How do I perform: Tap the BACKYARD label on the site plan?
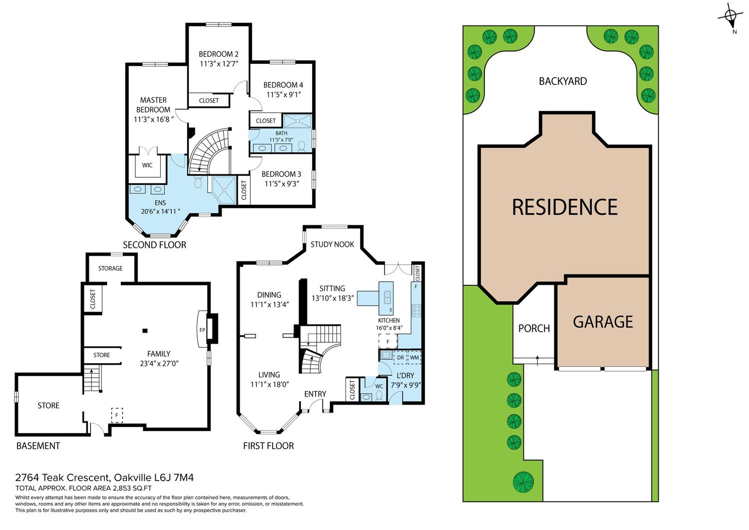coord(563,81)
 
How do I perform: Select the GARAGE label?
coord(603,322)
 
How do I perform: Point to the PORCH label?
coord(534,329)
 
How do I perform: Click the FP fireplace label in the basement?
coord(202,330)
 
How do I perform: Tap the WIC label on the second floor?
coord(147,165)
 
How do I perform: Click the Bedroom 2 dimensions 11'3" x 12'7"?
coord(219,63)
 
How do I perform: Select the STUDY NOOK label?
coord(332,244)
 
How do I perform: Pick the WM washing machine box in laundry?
coord(414,357)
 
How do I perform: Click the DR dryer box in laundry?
coord(400,357)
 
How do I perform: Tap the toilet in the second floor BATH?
coord(302,146)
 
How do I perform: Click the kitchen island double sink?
coord(387,296)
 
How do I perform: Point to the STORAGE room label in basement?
coord(110,268)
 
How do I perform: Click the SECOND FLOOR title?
coord(154,245)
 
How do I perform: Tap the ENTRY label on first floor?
coord(315,394)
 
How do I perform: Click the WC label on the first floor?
coord(379,387)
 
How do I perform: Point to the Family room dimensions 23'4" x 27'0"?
coord(159,363)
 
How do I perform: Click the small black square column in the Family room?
coord(145,331)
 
